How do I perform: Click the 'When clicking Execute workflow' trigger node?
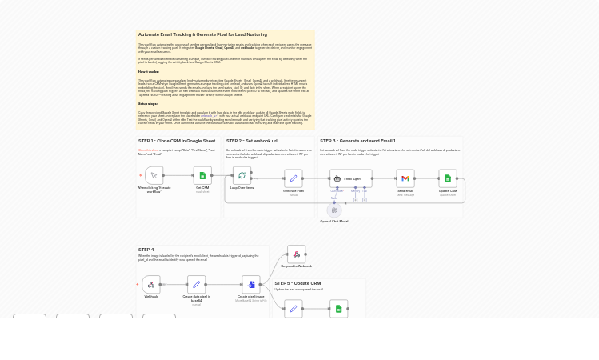154,175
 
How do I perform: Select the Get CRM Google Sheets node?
202,175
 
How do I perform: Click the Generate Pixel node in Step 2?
293,178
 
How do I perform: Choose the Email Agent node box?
349,178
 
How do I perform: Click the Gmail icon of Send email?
405,178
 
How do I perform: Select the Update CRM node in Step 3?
448,178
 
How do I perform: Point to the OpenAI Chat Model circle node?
334,210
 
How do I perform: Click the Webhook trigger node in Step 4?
151,284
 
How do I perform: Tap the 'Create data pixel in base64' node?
196,284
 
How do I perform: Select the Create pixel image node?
251,284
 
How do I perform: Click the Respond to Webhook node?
296,254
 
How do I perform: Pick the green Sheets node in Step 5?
338,308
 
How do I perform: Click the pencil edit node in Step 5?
293,308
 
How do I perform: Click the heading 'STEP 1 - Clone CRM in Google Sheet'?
177,141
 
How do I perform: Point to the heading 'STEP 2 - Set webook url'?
251,141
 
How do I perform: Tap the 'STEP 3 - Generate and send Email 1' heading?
357,141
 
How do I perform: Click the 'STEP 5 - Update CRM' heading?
298,283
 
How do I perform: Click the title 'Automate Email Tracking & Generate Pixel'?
202,34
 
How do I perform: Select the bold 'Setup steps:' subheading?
148,104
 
